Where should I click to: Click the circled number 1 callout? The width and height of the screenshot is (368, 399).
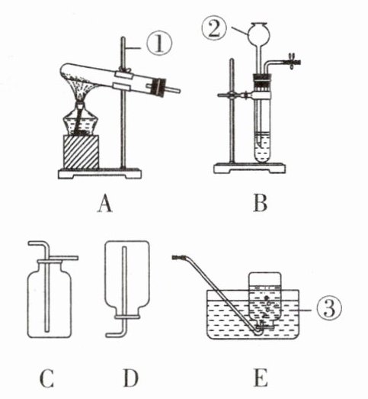tap(159, 44)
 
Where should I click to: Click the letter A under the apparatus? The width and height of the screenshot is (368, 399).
tap(105, 204)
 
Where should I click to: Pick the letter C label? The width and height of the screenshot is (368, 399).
tap(46, 378)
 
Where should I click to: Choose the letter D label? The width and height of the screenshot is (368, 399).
tap(131, 378)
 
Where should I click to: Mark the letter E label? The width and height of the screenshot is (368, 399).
tap(261, 378)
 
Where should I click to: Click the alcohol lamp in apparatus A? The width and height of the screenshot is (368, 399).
tap(80, 120)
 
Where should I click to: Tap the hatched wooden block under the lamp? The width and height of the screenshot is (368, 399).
tap(81, 152)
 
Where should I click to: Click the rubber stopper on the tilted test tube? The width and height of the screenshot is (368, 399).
tap(158, 86)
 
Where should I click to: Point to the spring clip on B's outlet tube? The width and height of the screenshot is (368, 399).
tap(293, 61)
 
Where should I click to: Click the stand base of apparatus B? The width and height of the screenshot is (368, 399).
tap(249, 168)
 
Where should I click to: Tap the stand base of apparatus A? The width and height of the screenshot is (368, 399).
tap(100, 173)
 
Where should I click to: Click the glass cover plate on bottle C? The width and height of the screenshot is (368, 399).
tap(62, 258)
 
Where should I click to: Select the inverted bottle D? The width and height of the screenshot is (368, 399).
tap(126, 279)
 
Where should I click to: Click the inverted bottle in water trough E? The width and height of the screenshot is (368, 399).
tap(265, 301)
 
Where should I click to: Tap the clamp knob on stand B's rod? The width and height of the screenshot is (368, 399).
tap(231, 95)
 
